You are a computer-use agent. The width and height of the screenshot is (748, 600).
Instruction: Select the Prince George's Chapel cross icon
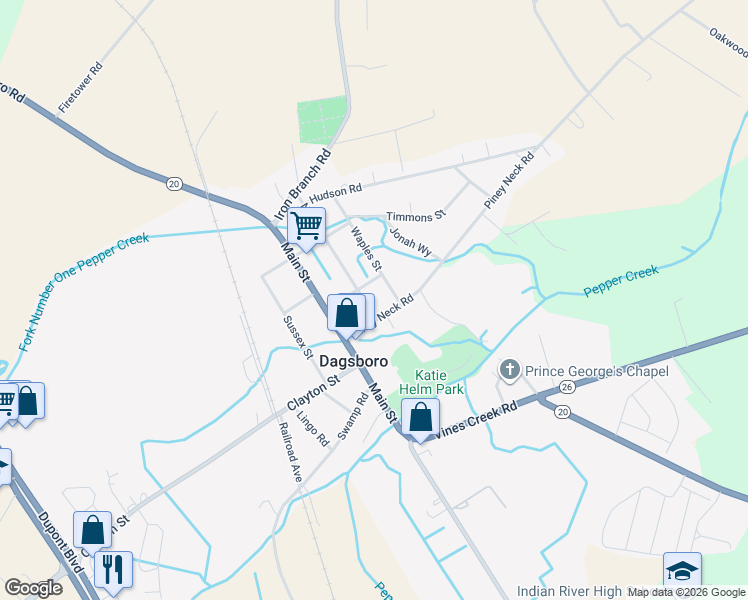coord(509,371)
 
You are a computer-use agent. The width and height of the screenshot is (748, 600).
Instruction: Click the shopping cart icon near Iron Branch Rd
coord(306,226)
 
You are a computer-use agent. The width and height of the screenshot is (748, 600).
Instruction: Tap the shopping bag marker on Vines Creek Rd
coord(421,417)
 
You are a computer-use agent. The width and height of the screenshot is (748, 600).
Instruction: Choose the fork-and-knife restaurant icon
coord(111,571)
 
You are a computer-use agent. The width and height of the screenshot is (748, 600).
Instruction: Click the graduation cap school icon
coord(682,572)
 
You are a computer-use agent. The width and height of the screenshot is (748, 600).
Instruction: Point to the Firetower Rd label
coord(81,89)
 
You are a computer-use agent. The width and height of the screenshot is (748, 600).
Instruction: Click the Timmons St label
coord(415,216)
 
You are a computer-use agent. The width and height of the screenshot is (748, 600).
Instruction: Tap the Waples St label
coord(366,249)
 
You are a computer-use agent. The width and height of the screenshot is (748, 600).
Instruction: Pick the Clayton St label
coord(314,390)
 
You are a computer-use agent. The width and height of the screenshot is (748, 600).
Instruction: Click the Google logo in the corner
coord(33,588)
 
